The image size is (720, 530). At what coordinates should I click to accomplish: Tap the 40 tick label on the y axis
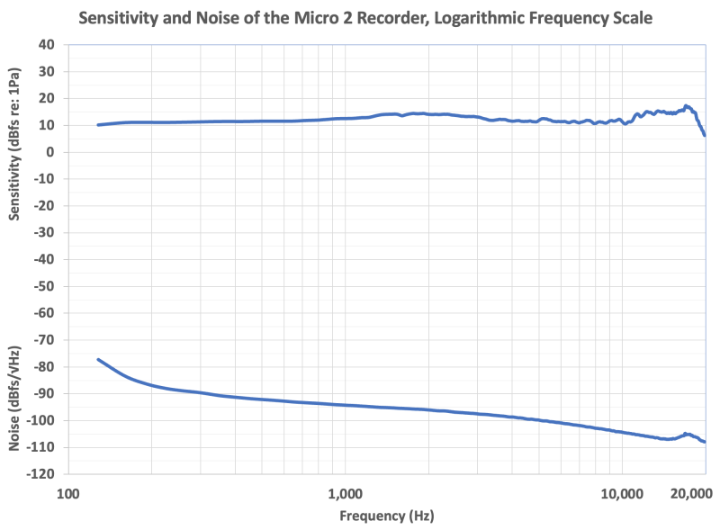tap(45, 45)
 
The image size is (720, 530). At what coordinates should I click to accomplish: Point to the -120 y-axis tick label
tap(40, 474)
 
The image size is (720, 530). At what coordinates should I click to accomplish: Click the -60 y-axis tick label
tap(43, 313)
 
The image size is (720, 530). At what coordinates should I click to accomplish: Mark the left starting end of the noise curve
tap(98, 359)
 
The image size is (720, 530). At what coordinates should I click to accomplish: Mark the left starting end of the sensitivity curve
tap(98, 124)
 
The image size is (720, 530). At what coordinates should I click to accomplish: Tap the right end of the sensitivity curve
tap(705, 135)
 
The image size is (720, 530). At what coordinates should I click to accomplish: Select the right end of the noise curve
tap(705, 442)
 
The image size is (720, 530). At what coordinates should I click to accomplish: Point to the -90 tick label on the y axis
tap(43, 393)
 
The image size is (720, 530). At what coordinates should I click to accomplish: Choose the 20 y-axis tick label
tap(45, 99)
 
